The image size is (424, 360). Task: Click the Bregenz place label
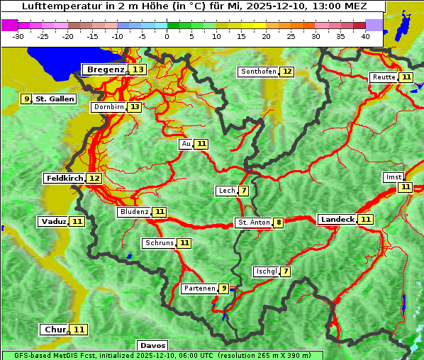click(x=105, y=69)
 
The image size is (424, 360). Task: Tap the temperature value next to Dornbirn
click(x=134, y=107)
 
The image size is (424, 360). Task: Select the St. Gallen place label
click(x=55, y=99)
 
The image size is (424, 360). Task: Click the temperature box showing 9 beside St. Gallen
click(x=27, y=99)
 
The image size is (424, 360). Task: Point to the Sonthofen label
click(x=258, y=72)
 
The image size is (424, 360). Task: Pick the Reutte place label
click(x=383, y=77)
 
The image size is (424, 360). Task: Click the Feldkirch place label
click(x=64, y=178)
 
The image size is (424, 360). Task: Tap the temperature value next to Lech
click(x=244, y=191)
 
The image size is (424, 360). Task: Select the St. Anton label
click(x=254, y=223)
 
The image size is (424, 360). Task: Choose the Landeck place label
click(x=337, y=220)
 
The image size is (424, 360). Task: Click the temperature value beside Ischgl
click(x=285, y=271)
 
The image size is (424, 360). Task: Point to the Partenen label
click(x=198, y=288)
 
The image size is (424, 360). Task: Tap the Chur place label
click(x=55, y=330)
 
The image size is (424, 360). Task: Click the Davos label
click(x=152, y=346)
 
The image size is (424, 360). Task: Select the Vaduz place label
click(x=54, y=221)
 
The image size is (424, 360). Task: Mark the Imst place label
click(x=392, y=176)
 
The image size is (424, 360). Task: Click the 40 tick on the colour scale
click(x=365, y=35)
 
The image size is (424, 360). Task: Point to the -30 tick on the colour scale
click(x=18, y=35)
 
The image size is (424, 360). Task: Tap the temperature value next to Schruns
click(x=184, y=243)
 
